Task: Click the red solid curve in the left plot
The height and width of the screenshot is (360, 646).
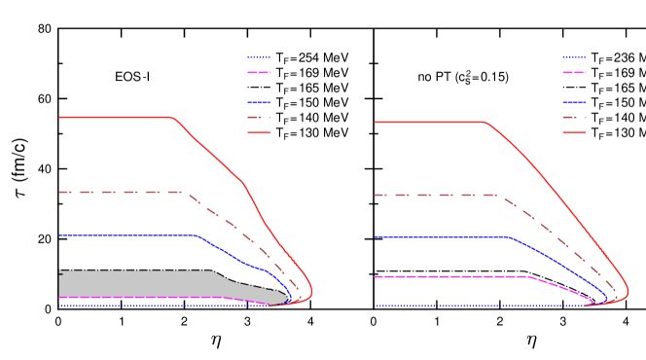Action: tap(117, 117)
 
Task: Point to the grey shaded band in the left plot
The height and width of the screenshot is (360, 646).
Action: tap(136, 283)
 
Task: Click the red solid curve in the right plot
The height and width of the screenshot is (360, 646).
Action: tap(428, 122)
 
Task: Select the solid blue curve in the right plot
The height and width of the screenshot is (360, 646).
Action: tap(438, 236)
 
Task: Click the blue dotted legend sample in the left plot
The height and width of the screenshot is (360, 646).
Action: tap(258, 57)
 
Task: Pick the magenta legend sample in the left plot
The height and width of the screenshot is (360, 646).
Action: tap(258, 72)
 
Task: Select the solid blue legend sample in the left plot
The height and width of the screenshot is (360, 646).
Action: tap(258, 102)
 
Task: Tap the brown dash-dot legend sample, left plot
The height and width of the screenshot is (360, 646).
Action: tap(258, 117)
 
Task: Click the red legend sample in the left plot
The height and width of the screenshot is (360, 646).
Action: tap(258, 132)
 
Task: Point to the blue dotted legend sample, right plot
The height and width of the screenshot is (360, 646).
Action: tap(574, 57)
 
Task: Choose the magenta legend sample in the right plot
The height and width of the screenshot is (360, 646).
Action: tap(574, 72)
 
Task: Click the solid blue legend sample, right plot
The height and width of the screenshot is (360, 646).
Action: tap(574, 102)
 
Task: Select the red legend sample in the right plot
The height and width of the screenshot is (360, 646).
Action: tap(574, 132)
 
